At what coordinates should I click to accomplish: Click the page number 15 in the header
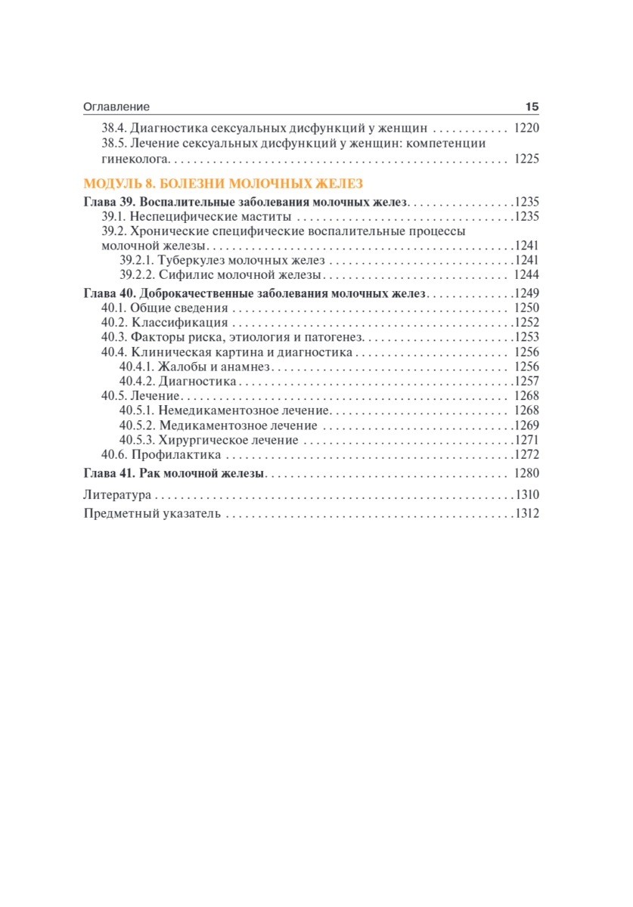[531, 107]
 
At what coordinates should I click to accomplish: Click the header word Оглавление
[116, 107]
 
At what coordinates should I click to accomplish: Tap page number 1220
[526, 128]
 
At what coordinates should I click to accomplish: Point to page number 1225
[526, 159]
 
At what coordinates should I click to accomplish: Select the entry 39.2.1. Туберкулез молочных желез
[222, 260]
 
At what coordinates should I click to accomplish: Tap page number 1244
[526, 275]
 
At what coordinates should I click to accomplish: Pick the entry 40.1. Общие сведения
[165, 308]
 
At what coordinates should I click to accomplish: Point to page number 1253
[526, 337]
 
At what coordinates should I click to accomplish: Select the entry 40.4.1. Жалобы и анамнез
[194, 367]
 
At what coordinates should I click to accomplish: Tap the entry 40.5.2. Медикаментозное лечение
[219, 426]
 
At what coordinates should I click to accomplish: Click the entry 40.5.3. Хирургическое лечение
[209, 440]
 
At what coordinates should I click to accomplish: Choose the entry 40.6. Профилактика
[161, 455]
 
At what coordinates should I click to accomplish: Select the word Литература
[117, 496]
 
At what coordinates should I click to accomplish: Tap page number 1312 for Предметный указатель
[526, 514]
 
